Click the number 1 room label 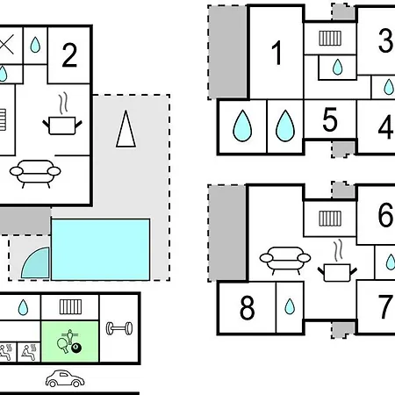click(276, 53)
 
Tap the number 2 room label click(69, 55)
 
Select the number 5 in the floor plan click(330, 119)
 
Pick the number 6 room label click(386, 215)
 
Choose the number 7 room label click(386, 306)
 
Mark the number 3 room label click(386, 40)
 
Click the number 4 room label click(386, 127)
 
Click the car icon click(65, 378)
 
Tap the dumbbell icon click(119, 328)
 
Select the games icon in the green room click(69, 341)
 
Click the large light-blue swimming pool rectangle click(101, 249)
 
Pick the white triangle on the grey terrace click(126, 129)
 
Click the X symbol click(6, 45)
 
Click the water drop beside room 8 click(290, 306)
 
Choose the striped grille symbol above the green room click(70, 307)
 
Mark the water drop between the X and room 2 click(35, 45)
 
